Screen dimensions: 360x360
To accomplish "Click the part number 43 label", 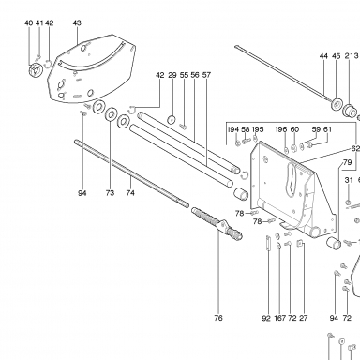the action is coord(77,22).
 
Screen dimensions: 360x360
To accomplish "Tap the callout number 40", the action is coord(28,22).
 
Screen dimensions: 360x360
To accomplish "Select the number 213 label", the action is coord(352,56).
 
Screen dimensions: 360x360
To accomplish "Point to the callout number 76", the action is coord(218,318).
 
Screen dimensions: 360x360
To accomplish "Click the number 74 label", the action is coord(130,193).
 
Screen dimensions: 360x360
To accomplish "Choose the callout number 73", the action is coord(110,193).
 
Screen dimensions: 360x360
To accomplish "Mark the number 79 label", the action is coord(347,162).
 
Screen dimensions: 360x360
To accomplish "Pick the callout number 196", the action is coord(281,129).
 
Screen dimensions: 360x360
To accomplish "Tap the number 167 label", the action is coord(280,318).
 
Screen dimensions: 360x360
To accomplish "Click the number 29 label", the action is coord(172,75).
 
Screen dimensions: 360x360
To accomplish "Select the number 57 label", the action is coord(206,75).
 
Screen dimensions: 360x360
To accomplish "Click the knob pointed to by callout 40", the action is coord(35,69).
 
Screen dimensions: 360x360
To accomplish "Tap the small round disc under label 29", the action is coord(171,120).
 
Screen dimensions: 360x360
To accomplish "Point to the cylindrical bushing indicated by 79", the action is coord(334,243).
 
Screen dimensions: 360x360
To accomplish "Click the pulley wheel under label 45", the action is coord(337,104).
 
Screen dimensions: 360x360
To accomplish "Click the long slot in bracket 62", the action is coord(291,180).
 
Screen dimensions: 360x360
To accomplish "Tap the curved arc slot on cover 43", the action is coord(93,60).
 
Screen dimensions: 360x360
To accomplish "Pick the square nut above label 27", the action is coord(300,243).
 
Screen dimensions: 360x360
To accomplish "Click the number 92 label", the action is coord(266,318).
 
